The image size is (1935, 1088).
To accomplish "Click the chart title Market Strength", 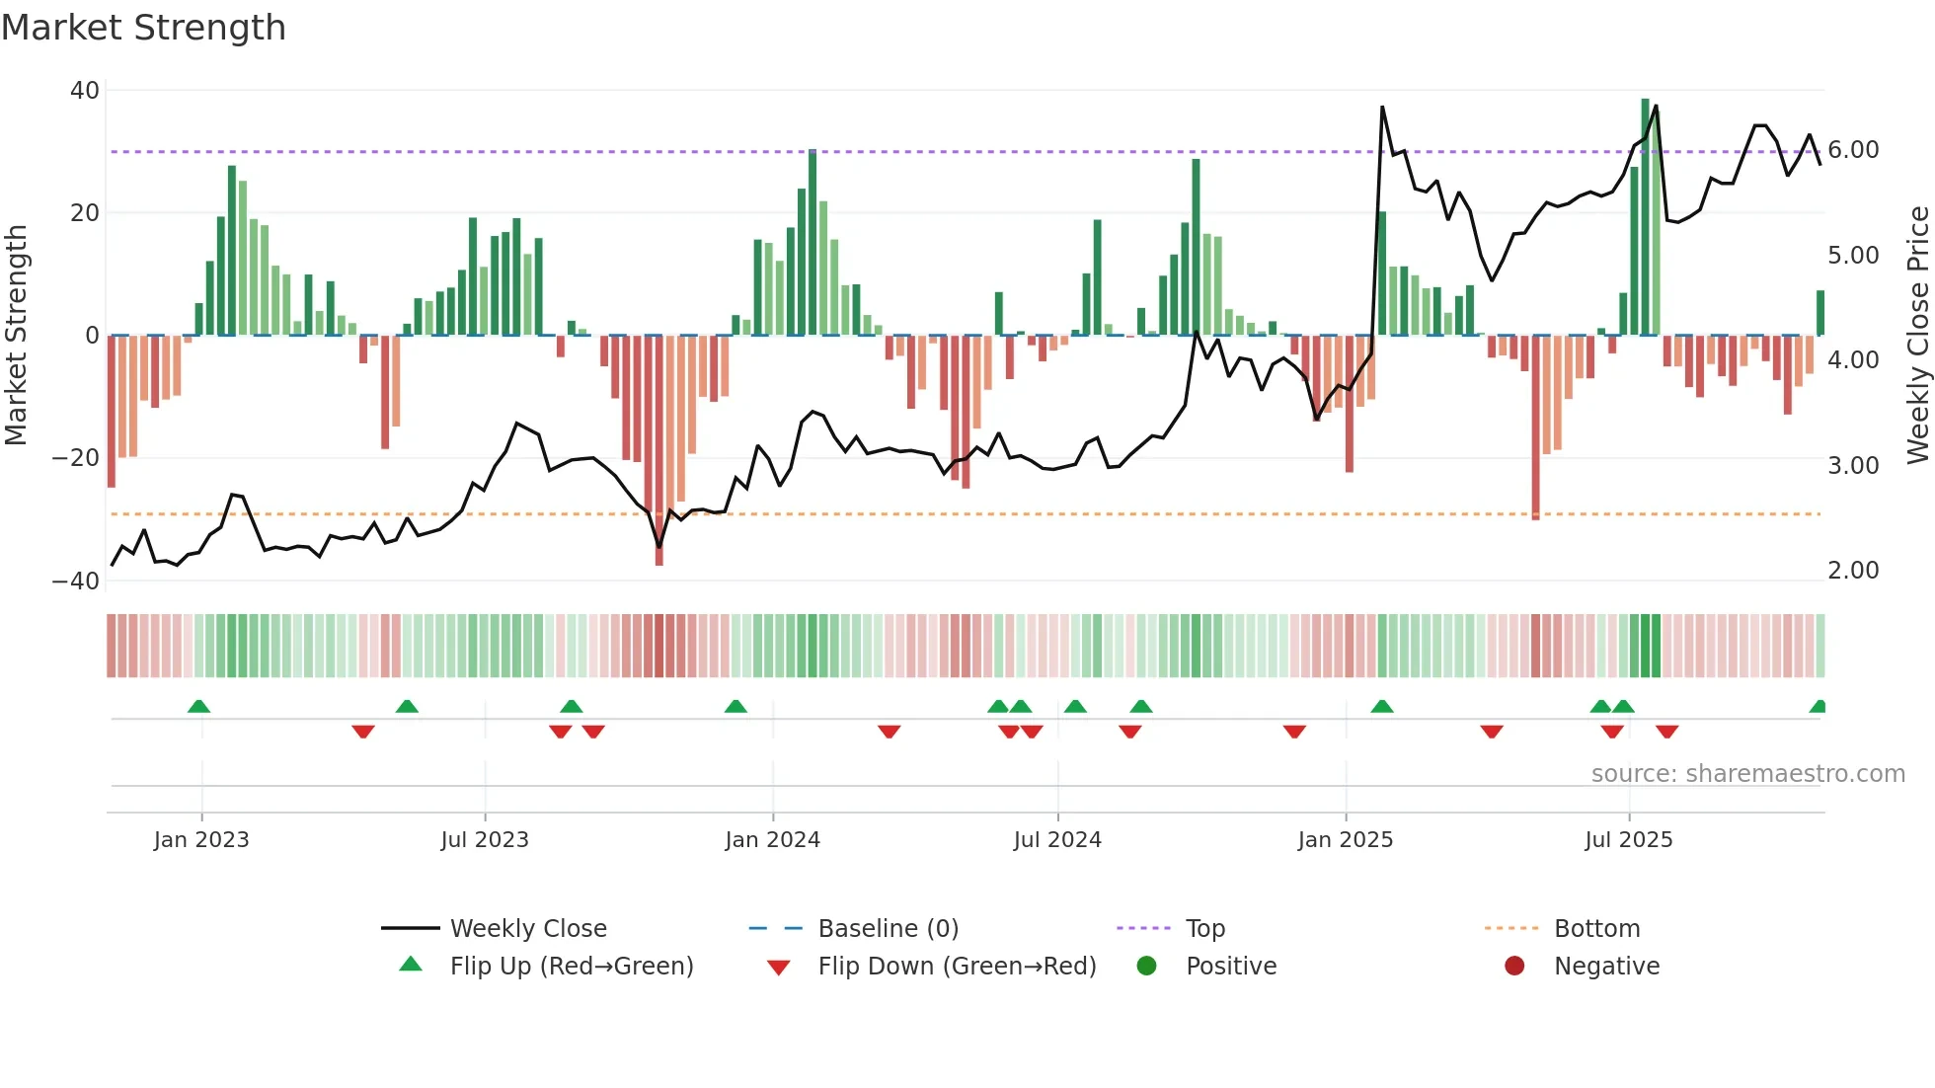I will pos(143,28).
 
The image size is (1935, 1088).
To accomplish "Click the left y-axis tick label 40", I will pos(85,91).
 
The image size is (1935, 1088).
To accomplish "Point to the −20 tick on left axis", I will pos(76,458).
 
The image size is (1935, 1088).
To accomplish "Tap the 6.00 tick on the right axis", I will pos(1853,150).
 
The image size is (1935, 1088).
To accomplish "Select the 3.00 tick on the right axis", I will pos(1853,466).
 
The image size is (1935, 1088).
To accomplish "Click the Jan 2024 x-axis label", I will pos(772,840).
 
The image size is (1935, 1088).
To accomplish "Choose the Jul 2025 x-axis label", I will pos(1628,840).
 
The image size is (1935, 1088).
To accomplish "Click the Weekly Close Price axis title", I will pos(1917,336).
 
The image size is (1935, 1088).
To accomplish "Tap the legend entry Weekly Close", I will pos(528,929).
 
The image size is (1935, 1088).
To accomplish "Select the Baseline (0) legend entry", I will pos(888,929).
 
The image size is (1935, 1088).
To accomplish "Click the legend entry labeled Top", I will pos(1204,929).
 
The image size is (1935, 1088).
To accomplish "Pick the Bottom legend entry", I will pos(1596,929).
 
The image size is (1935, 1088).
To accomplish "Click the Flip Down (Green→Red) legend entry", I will pos(957,967).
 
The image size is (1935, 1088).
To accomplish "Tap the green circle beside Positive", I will pos(1146,967).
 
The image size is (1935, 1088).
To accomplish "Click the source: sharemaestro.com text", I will pos(1747,774).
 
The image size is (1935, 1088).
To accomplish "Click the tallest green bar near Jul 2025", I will pos(1645,217).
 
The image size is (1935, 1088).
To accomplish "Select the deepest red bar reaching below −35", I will pos(658,449).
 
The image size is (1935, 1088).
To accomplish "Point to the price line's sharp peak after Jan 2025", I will pos(1382,108).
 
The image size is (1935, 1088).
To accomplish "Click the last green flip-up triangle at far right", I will pos(1818,707).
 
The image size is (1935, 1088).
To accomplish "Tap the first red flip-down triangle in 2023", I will pos(362,732).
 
